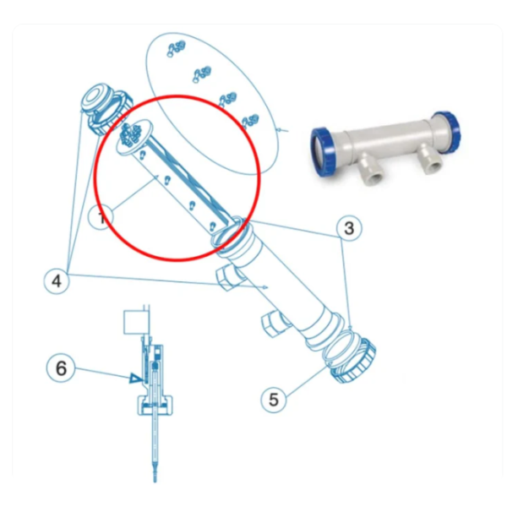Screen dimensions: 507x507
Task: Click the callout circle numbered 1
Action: tap(101, 217)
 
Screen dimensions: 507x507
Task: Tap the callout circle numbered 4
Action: tap(57, 281)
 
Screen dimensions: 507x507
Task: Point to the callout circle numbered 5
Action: tap(272, 399)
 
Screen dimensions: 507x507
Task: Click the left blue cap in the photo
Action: tap(324, 151)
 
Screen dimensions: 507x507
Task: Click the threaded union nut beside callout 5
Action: tap(349, 356)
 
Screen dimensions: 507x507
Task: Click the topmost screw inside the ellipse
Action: tap(176, 46)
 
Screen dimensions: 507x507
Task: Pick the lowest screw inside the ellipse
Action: tap(248, 118)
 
